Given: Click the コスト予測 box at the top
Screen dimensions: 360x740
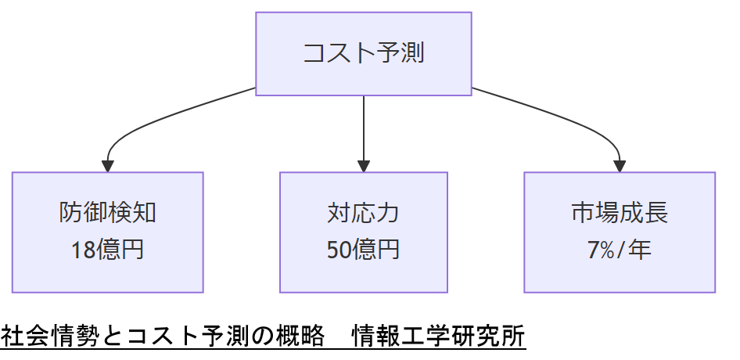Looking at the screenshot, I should pyautogui.click(x=364, y=54).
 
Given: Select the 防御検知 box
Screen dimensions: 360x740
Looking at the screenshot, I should pyautogui.click(x=108, y=232).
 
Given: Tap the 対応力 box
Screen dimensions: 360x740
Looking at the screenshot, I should pyautogui.click(x=364, y=232).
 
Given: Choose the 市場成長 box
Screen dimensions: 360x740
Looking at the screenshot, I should pyautogui.click(x=620, y=232).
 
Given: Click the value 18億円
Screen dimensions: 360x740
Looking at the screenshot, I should pyautogui.click(x=108, y=250).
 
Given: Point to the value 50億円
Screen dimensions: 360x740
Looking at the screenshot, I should pyautogui.click(x=364, y=250).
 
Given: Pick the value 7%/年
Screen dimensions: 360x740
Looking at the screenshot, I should pyautogui.click(x=620, y=250).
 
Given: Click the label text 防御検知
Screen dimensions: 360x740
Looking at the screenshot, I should pyautogui.click(x=108, y=213).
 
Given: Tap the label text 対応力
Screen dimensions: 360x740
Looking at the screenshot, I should pyautogui.click(x=364, y=213).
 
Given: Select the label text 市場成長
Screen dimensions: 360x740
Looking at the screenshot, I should pyautogui.click(x=620, y=213).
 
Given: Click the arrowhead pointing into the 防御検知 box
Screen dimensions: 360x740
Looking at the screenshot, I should pyautogui.click(x=108, y=166).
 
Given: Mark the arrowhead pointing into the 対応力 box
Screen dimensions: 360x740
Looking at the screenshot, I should pyautogui.click(x=364, y=166).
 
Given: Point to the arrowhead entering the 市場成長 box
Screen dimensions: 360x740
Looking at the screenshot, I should pyautogui.click(x=620, y=166).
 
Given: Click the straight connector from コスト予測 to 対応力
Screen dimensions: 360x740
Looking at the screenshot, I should pyautogui.click(x=364, y=125).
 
